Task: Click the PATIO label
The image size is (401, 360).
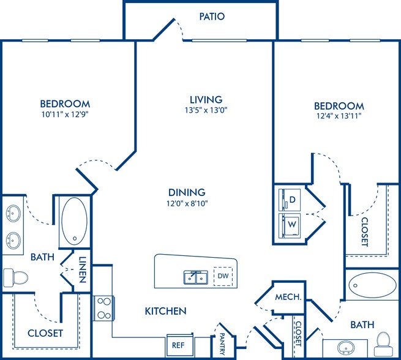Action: (212, 17)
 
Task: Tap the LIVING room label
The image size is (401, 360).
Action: (206, 99)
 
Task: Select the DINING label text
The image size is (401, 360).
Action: (187, 192)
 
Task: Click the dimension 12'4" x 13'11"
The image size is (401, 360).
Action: (339, 116)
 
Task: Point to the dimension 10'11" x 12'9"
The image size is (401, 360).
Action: (65, 114)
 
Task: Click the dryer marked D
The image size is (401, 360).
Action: (290, 200)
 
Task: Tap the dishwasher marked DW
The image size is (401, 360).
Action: (223, 276)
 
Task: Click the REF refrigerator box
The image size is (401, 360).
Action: (179, 345)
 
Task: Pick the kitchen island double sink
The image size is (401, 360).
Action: (196, 277)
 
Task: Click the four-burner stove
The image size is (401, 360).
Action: (104, 308)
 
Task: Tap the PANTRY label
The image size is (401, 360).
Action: (222, 344)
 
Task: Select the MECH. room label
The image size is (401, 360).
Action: (288, 297)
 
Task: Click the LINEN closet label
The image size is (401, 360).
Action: (82, 269)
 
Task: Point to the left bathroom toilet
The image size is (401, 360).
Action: (15, 277)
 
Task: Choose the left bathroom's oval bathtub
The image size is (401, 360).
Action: (75, 221)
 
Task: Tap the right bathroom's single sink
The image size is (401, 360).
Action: (346, 348)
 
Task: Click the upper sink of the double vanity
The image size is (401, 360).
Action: (13, 213)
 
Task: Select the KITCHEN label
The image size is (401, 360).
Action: (165, 311)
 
